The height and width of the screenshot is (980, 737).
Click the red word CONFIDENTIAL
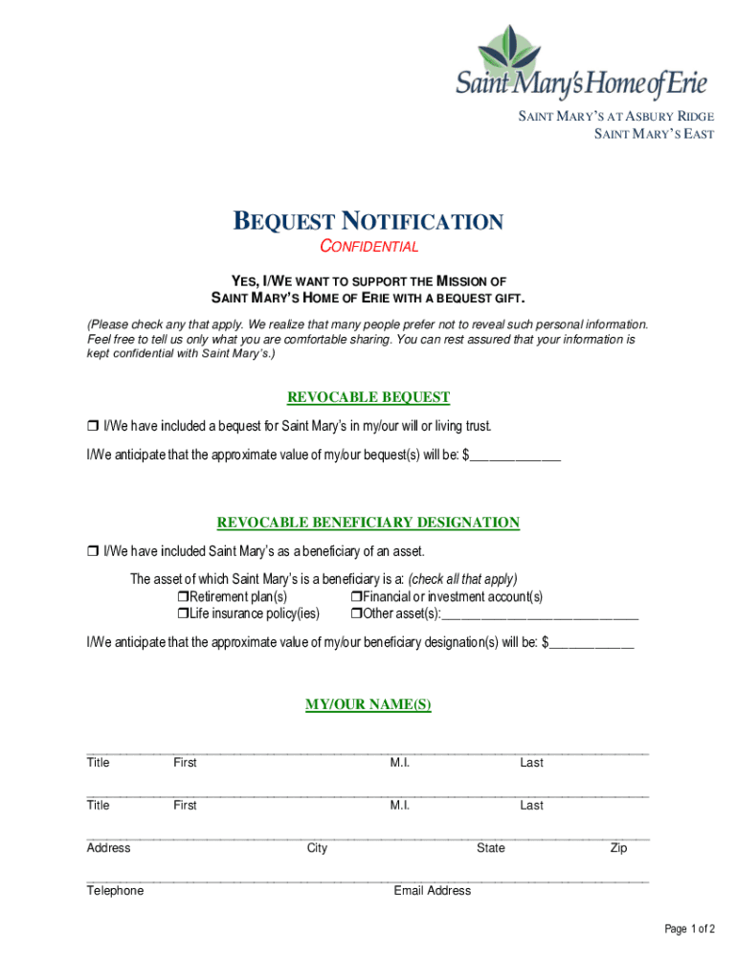(368, 247)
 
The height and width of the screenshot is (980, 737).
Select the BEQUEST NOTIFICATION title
(368, 223)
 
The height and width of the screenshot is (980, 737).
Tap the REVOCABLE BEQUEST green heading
(368, 397)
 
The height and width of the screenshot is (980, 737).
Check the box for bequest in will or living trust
(93, 426)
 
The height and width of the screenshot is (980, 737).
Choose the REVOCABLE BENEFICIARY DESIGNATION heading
(368, 523)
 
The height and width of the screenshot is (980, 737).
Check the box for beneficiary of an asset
(93, 551)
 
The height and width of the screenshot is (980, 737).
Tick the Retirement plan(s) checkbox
(181, 597)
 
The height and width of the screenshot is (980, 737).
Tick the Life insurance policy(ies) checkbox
(181, 614)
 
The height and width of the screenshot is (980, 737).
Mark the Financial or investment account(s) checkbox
(355, 597)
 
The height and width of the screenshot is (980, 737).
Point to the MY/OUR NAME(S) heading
(368, 704)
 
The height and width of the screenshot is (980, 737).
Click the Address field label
(108, 848)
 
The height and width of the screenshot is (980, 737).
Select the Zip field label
(618, 848)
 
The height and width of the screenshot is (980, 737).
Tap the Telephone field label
(115, 891)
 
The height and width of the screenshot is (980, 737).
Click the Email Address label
(433, 891)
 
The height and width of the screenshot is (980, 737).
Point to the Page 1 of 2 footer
(690, 929)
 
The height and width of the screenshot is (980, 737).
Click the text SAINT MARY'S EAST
(655, 134)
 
